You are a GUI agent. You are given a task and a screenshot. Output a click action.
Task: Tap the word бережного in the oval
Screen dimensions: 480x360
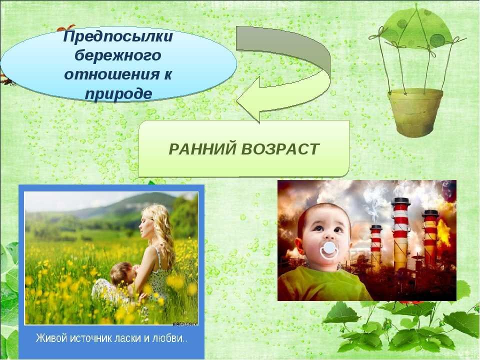point(118,56)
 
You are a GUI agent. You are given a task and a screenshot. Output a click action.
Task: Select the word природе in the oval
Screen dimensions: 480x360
point(118,94)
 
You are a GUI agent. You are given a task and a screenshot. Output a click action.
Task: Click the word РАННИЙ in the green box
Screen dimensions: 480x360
point(202,149)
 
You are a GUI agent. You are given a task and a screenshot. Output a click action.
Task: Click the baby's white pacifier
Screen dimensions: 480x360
point(328,250)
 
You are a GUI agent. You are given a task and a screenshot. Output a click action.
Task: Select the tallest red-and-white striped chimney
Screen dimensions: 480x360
point(400,233)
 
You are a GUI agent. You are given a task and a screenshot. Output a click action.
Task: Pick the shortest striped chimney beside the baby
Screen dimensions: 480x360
point(375,247)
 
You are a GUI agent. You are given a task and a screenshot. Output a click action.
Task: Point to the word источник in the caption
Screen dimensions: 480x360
point(92,338)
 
